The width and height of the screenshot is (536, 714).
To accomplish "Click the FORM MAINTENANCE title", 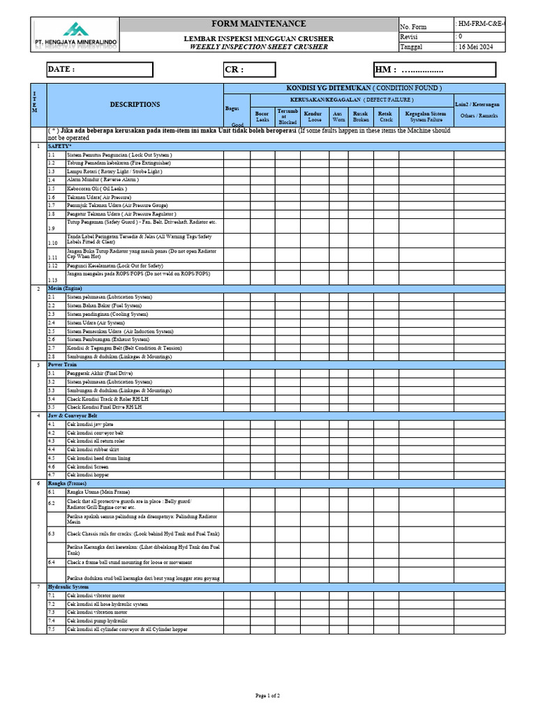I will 259,24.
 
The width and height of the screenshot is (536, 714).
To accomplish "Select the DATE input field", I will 98,70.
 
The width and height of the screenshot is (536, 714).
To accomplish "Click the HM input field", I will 434,70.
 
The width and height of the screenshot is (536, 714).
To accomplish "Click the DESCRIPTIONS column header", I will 135,105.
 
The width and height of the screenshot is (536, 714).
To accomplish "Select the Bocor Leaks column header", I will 262,116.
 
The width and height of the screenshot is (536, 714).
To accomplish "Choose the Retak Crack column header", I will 385,116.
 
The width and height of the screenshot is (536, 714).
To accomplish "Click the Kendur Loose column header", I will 315,116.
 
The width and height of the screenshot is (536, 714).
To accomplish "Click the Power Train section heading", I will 62,365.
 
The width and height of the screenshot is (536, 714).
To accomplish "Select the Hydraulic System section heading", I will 68,587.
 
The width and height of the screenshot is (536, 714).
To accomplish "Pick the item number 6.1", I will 52,492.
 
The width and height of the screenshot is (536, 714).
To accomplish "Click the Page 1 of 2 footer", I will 268,696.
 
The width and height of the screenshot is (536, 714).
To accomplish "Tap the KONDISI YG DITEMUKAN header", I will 364,88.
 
